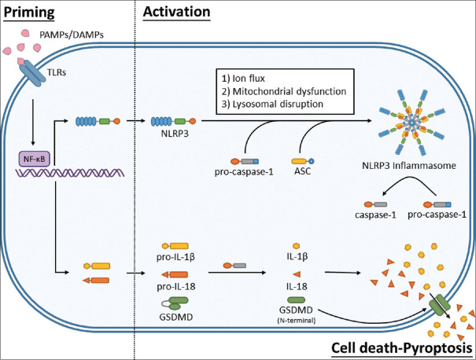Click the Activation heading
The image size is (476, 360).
[x=177, y=12]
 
